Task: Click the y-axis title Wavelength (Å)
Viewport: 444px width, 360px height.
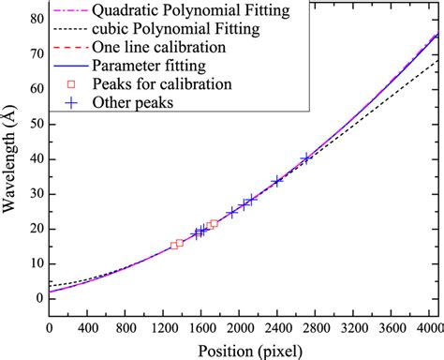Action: click(x=11, y=160)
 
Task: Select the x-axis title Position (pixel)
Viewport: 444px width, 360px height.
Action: click(x=243, y=350)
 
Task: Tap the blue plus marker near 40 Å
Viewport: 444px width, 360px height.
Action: click(x=306, y=158)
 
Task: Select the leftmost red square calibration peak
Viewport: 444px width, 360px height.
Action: click(x=173, y=246)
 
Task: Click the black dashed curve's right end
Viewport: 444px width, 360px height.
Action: click(x=436, y=62)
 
